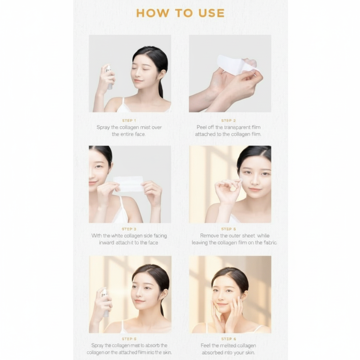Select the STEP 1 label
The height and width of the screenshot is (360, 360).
pyautogui.click(x=129, y=121)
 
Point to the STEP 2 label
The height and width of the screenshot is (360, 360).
pyautogui.click(x=228, y=121)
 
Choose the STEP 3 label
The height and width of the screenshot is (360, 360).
pyautogui.click(x=129, y=229)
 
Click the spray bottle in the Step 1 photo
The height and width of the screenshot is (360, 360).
pyautogui.click(x=109, y=76)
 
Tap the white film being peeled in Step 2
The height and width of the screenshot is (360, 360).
pyautogui.click(x=234, y=65)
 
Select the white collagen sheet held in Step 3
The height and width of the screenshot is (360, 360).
pyautogui.click(x=129, y=184)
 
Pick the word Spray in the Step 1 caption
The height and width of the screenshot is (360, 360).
pyautogui.click(x=103, y=127)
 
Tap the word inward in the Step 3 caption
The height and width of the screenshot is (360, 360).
pyautogui.click(x=107, y=243)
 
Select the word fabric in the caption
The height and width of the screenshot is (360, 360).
pyautogui.click(x=270, y=243)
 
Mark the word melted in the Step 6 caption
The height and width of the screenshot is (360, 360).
pyautogui.click(x=230, y=346)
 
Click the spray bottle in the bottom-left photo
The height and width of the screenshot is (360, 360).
pyautogui.click(x=105, y=302)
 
